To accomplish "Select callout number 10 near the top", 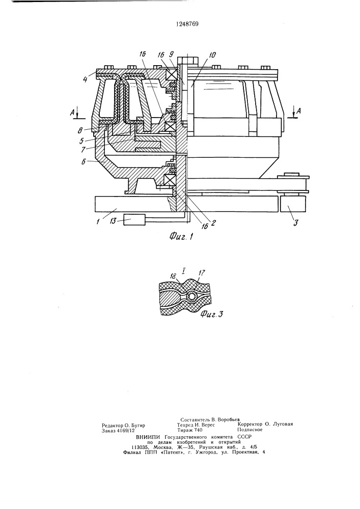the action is tap(212, 55).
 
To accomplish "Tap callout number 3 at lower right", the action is tap(295, 223).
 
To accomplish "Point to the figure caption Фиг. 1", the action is tap(181, 237).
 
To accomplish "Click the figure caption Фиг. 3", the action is tap(212, 314).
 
